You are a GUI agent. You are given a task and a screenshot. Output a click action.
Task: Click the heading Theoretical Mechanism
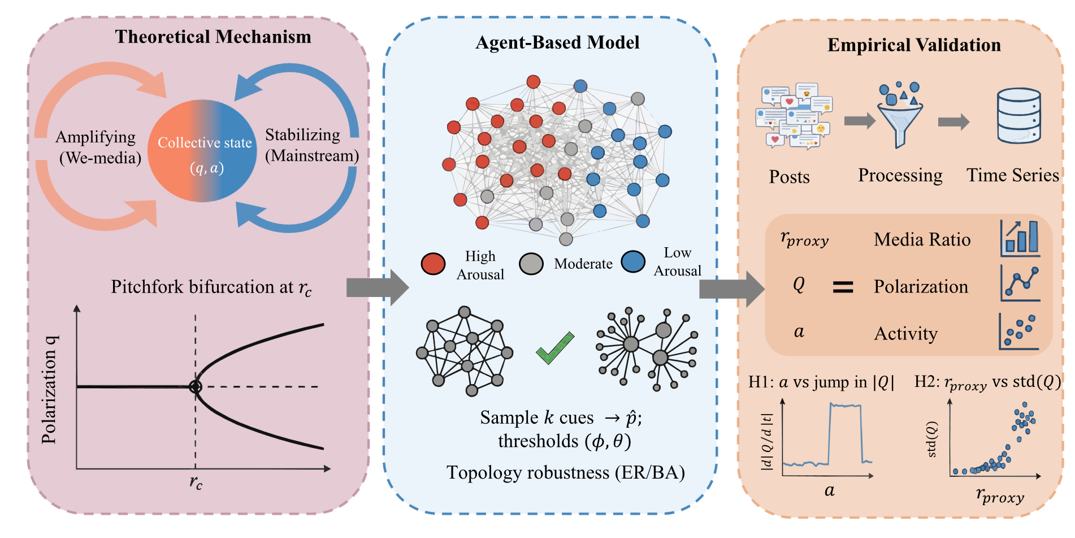[x=213, y=37]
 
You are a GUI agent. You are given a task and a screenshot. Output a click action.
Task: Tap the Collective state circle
[x=202, y=151]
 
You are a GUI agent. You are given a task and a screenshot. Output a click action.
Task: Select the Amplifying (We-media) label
[x=98, y=147]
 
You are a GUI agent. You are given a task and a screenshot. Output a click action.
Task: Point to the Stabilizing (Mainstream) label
[x=311, y=145]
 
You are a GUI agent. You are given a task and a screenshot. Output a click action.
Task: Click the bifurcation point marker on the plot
[x=195, y=386]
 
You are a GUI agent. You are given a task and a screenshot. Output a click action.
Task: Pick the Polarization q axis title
[x=50, y=389]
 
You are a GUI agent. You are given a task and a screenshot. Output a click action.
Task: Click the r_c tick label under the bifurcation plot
[x=196, y=482]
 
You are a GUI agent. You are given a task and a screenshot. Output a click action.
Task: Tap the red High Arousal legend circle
[x=433, y=264]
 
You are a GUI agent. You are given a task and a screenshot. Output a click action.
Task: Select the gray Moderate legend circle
[x=531, y=264]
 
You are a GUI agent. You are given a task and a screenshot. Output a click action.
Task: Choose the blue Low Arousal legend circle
[x=633, y=261]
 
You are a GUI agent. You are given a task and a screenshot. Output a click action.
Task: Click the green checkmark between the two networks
[x=555, y=347]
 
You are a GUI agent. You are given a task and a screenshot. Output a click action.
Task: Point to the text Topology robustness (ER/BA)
[x=565, y=472]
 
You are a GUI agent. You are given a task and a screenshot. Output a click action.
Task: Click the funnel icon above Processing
[x=900, y=116]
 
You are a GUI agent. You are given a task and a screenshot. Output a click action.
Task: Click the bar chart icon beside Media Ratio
[x=1020, y=238]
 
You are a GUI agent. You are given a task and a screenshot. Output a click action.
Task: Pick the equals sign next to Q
[x=843, y=287]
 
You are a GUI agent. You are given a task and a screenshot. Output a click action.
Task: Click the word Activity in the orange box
[x=905, y=334]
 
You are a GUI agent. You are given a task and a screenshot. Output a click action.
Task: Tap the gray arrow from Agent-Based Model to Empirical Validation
[x=731, y=289]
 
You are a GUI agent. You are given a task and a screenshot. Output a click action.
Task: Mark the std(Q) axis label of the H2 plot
[x=932, y=439]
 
